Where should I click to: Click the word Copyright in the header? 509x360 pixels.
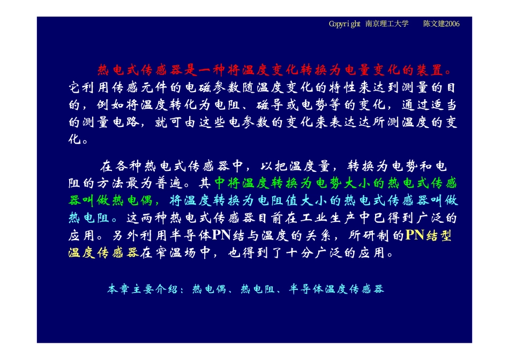345,24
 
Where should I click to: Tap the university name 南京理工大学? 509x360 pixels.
387,24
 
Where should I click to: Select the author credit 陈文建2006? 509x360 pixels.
441,24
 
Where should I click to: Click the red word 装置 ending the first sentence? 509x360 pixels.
431,70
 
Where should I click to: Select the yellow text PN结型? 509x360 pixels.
429,235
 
